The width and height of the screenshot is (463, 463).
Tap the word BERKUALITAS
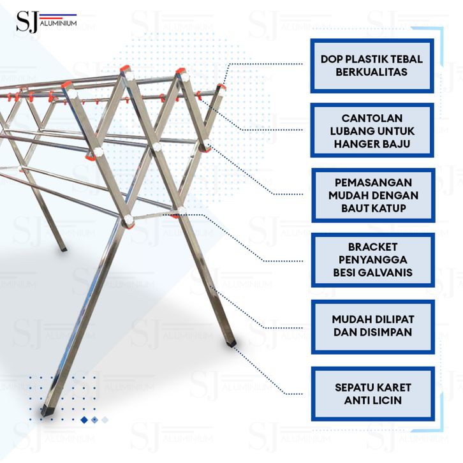click(372, 72)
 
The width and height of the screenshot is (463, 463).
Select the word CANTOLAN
click(372, 119)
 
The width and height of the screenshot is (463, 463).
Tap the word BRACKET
click(373, 247)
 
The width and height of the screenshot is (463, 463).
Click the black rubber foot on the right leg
click(230, 342)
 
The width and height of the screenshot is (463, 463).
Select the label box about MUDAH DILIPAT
click(372, 325)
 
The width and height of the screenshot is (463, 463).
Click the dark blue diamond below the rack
click(84, 420)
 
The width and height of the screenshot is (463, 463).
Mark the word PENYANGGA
click(373, 260)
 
